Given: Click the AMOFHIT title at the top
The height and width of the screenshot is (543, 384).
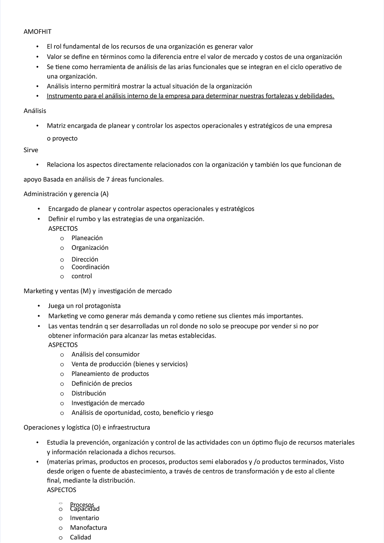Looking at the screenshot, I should pyautogui.click(x=37, y=32).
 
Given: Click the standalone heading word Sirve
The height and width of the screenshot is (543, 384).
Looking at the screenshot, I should pyautogui.click(x=31, y=150).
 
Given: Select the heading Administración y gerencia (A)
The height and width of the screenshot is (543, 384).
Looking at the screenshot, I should pyautogui.click(x=66, y=194).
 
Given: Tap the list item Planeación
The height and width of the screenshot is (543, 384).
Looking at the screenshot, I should pyautogui.click(x=87, y=238).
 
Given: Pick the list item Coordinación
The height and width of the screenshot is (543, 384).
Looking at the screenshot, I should pyautogui.click(x=90, y=267).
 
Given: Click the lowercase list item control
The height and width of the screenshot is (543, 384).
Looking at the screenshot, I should pyautogui.click(x=82, y=276).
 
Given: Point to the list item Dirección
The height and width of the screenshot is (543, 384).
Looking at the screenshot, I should pyautogui.click(x=85, y=259).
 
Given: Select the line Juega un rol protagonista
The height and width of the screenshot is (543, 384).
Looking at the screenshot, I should pyautogui.click(x=84, y=306).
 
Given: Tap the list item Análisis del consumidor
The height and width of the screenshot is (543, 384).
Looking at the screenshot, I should pyautogui.click(x=105, y=354).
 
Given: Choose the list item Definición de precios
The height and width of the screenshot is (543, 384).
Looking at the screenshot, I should pyautogui.click(x=102, y=384).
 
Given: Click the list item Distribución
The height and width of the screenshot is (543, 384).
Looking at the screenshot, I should pyautogui.click(x=89, y=393).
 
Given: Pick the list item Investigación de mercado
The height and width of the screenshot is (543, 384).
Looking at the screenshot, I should pyautogui.click(x=108, y=403).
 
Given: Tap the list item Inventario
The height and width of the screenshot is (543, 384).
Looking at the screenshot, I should pyautogui.click(x=84, y=518).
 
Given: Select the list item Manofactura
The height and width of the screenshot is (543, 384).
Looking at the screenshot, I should pyautogui.click(x=88, y=528).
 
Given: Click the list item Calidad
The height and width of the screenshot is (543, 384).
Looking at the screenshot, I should pyautogui.click(x=80, y=537).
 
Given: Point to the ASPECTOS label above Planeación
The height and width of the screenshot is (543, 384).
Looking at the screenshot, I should pyautogui.click(x=63, y=229).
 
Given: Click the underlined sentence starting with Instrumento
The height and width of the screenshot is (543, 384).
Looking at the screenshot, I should pyautogui.click(x=190, y=96).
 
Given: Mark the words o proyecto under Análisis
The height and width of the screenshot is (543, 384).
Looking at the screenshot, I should pyautogui.click(x=62, y=139).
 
